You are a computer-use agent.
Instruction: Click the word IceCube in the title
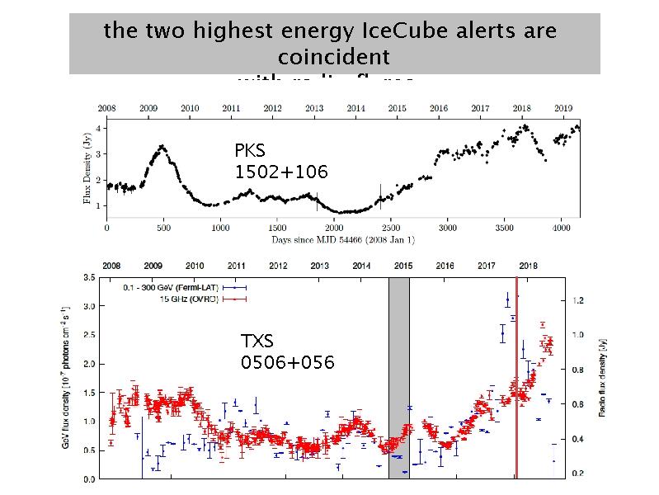[x=399, y=31]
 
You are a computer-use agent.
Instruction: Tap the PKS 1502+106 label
[x=281, y=162]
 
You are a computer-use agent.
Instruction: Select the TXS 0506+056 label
[x=287, y=351]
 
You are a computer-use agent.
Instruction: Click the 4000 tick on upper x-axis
[x=560, y=227]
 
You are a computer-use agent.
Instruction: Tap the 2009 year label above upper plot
[x=149, y=108]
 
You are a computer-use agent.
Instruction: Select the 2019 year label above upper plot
[x=563, y=108]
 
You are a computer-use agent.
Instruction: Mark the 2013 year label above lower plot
[x=320, y=266]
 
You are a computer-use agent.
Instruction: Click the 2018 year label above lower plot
[x=528, y=266]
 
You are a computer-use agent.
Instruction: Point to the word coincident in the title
[x=334, y=58]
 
